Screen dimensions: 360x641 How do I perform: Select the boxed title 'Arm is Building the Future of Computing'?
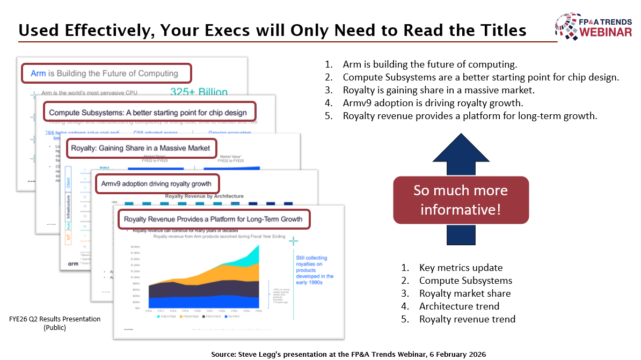click(106, 74)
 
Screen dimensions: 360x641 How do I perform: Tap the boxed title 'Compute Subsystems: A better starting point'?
click(148, 112)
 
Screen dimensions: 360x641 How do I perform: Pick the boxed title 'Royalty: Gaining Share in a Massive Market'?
click(141, 148)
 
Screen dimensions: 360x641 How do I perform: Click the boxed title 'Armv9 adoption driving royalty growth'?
click(157, 184)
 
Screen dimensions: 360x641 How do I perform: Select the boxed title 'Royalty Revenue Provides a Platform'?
click(213, 219)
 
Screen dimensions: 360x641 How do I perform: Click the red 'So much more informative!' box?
click(461, 200)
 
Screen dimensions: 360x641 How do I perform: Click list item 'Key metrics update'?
click(461, 268)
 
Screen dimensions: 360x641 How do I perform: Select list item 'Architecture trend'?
click(459, 306)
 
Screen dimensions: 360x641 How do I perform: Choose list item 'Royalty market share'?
click(464, 293)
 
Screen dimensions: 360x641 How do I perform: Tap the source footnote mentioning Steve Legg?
click(349, 354)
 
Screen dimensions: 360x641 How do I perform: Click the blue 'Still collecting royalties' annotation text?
click(315, 270)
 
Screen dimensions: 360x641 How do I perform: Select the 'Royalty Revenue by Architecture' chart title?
click(204, 196)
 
